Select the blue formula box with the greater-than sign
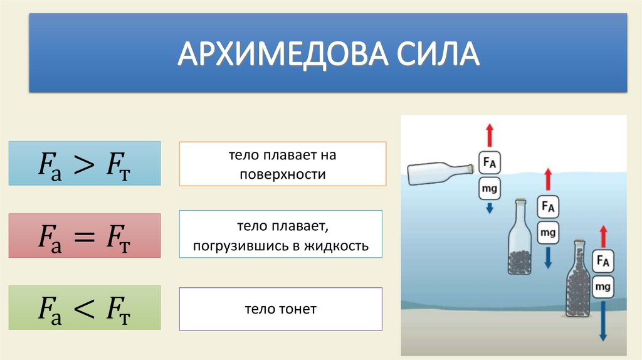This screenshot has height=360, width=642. click(85, 163)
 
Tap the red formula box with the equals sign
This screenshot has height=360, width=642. click(85, 236)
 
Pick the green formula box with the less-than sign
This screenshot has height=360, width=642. click(85, 308)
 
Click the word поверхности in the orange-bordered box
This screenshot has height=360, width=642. click(282, 174)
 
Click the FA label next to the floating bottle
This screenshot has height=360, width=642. click(490, 163)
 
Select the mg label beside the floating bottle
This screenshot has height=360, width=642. click(490, 188)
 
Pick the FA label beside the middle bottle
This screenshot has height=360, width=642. click(548, 206)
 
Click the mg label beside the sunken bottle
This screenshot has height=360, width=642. click(603, 287)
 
